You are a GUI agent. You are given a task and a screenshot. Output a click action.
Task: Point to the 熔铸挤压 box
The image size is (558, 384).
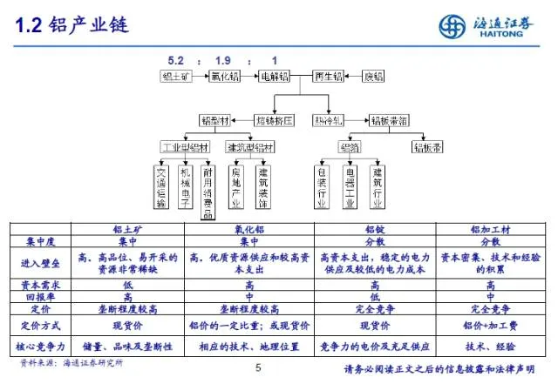tap(274, 119)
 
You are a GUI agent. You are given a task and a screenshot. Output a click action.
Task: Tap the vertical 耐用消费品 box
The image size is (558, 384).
tap(208, 191)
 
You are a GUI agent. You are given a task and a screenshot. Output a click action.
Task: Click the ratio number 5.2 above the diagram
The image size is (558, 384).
tap(176, 61)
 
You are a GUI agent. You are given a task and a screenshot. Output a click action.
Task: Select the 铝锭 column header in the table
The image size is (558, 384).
tap(375, 229)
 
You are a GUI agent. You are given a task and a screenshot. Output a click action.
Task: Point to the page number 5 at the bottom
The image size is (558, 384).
tap(258, 368)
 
